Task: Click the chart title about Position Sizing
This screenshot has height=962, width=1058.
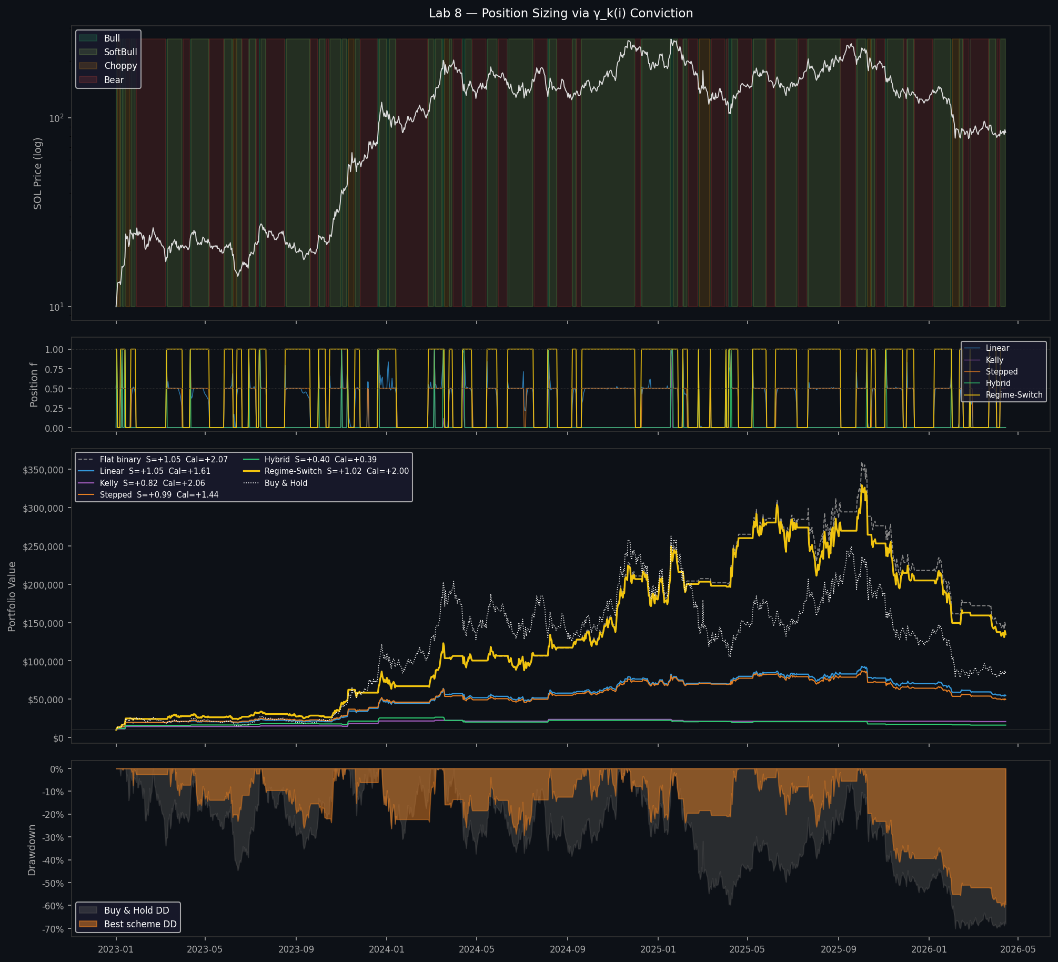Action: click(561, 13)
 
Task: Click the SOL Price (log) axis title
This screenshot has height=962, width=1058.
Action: click(38, 174)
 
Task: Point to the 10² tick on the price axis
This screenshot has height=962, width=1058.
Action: click(56, 118)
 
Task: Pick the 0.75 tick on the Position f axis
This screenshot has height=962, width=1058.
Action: click(54, 369)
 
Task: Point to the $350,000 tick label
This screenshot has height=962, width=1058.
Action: click(43, 470)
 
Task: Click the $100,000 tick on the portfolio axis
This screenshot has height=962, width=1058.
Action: click(43, 662)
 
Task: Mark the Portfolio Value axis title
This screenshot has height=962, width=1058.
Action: click(12, 596)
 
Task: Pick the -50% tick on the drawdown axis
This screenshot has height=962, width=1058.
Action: click(53, 883)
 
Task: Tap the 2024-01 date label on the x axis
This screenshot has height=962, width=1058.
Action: click(387, 949)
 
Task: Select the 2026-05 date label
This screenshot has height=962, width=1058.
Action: click(1017, 949)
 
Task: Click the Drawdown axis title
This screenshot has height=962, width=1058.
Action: click(32, 849)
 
